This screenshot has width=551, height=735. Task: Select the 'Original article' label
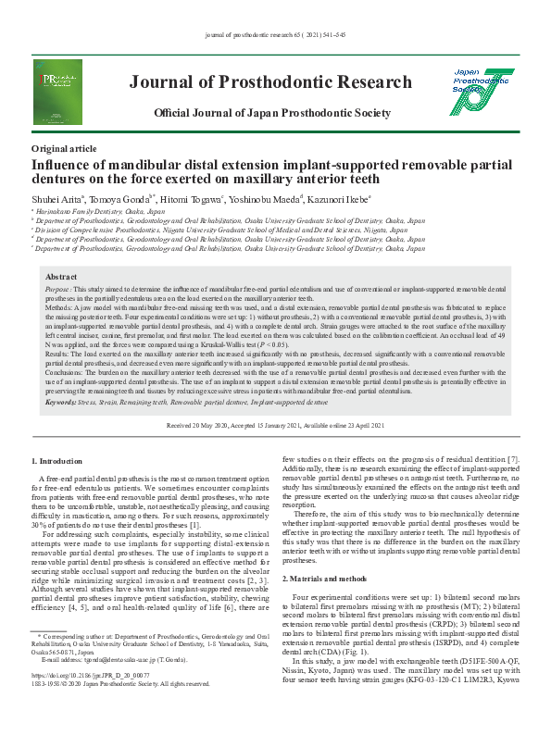click(63, 148)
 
